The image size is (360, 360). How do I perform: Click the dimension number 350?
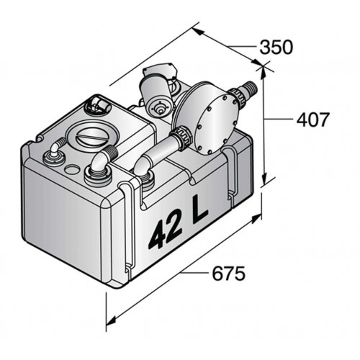276,48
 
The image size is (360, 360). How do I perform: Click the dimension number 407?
312,120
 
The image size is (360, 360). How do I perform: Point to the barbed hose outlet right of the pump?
249,89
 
